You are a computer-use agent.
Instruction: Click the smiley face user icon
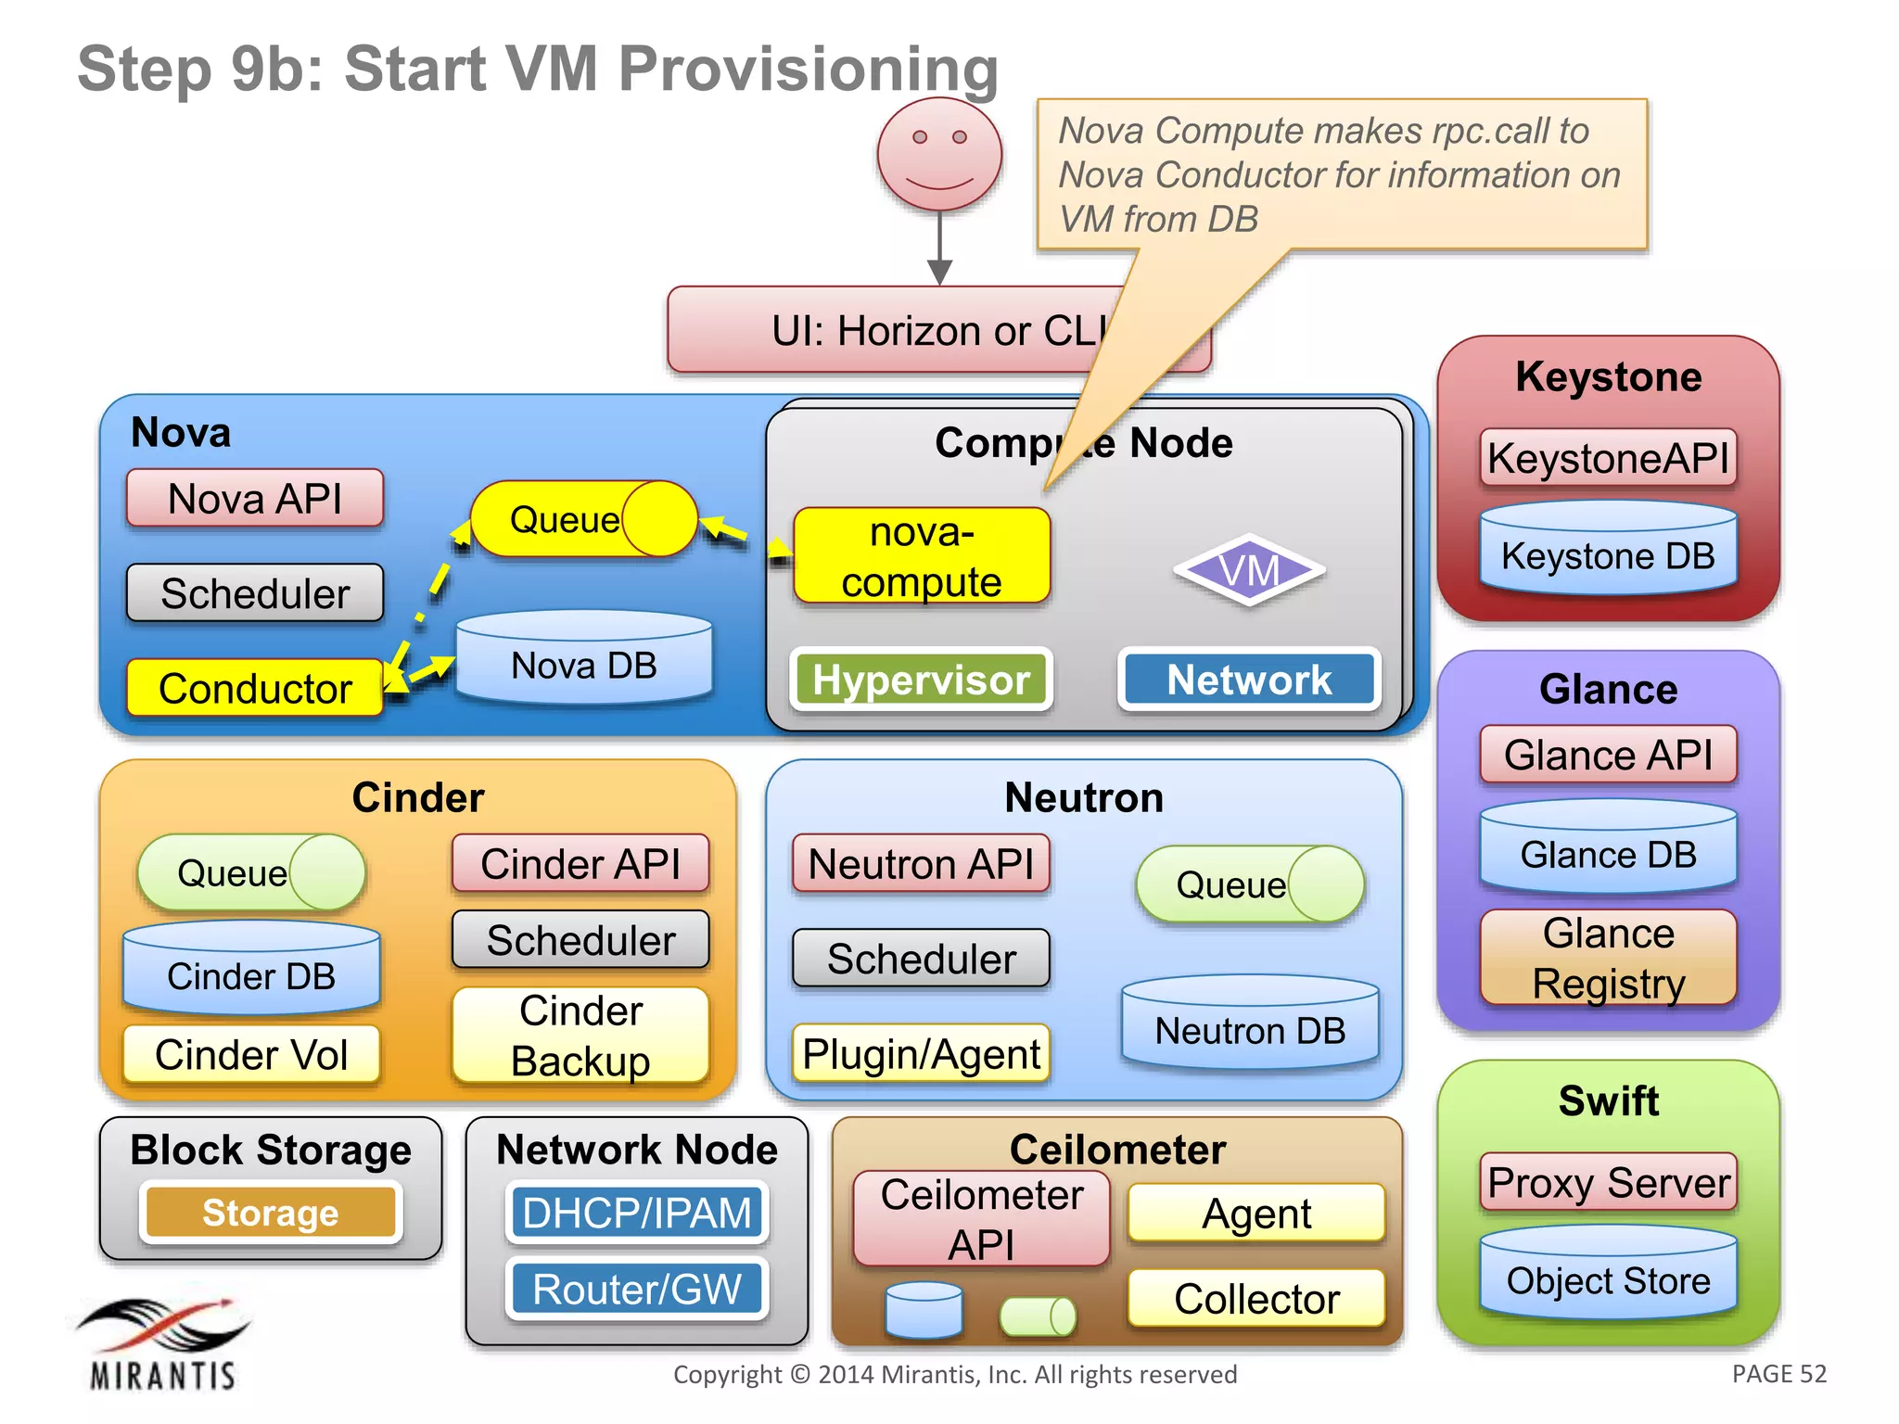point(939,154)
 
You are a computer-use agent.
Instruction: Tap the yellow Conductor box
point(255,688)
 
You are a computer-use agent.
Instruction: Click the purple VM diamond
point(1249,570)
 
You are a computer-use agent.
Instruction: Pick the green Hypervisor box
point(921,680)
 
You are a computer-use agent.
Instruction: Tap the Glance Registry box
point(1608,958)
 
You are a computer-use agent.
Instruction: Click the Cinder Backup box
point(580,1035)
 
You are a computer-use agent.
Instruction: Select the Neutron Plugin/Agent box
point(921,1053)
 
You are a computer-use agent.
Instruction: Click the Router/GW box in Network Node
point(637,1289)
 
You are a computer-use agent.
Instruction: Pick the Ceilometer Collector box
point(1256,1298)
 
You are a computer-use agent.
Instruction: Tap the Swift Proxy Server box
point(1608,1182)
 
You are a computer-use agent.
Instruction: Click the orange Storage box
point(271,1212)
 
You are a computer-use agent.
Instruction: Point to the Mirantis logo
point(163,1343)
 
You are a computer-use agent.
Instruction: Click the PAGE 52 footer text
point(1778,1373)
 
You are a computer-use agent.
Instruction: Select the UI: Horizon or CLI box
point(938,330)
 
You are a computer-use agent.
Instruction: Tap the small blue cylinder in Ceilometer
point(924,1310)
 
